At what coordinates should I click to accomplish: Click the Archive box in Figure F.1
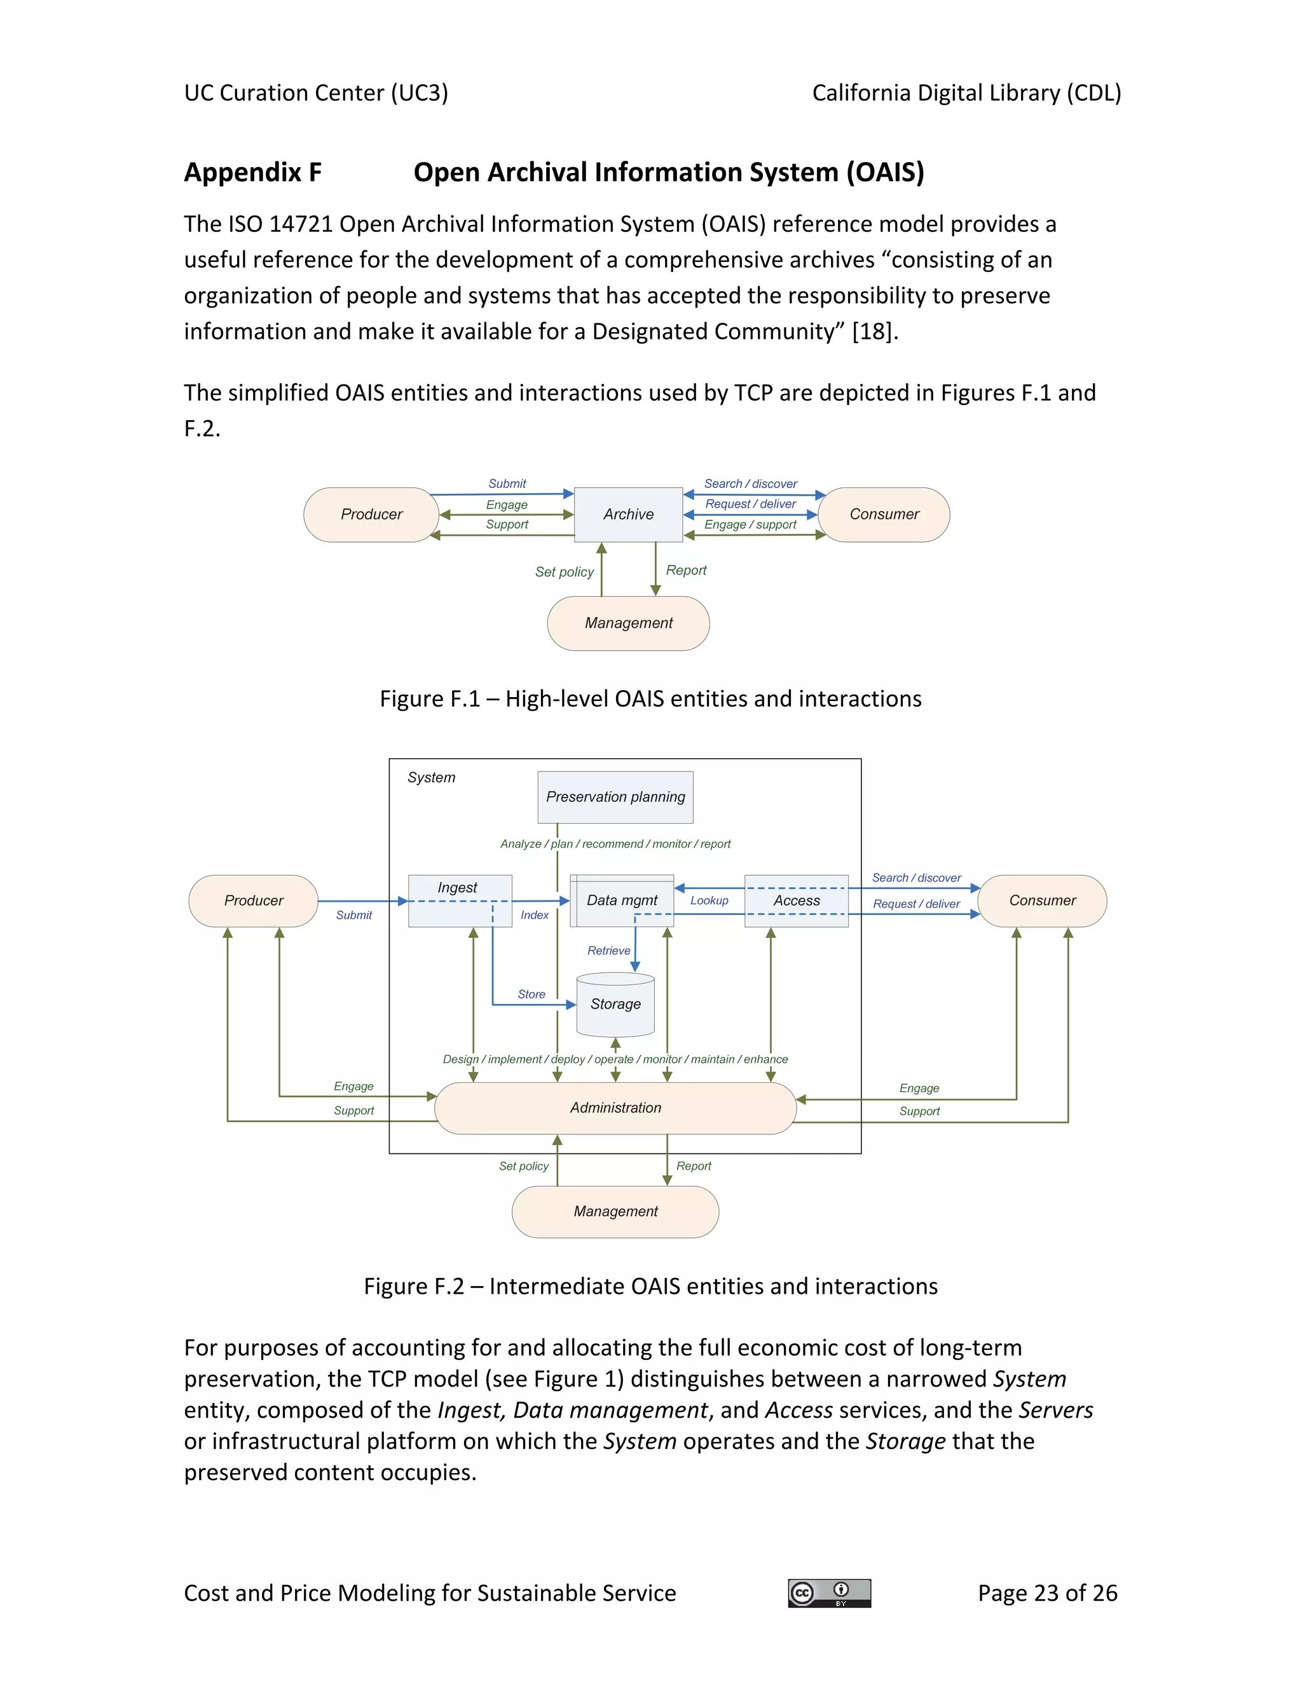coord(628,514)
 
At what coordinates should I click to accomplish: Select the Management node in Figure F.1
coord(628,623)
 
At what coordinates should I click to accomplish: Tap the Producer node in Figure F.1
coord(371,514)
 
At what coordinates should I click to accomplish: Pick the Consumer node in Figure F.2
coord(1041,900)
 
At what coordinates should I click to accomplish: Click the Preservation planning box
coord(615,796)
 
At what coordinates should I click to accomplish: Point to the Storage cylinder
coord(615,1004)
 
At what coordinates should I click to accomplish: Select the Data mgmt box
coord(622,900)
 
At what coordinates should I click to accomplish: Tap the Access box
coord(796,900)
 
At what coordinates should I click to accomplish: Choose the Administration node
coord(615,1108)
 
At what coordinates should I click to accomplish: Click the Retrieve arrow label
coord(608,951)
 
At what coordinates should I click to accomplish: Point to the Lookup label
coord(709,900)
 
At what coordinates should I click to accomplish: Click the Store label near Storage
coord(531,995)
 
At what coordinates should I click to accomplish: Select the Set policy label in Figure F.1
coord(564,572)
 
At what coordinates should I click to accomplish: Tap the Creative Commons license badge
coord(829,1593)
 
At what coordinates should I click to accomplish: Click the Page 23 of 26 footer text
coord(1046,1593)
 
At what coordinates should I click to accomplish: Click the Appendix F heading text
coord(252,172)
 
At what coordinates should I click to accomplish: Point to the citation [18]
coord(874,332)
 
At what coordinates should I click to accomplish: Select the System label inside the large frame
coord(431,778)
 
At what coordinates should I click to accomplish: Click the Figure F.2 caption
coord(650,1286)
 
